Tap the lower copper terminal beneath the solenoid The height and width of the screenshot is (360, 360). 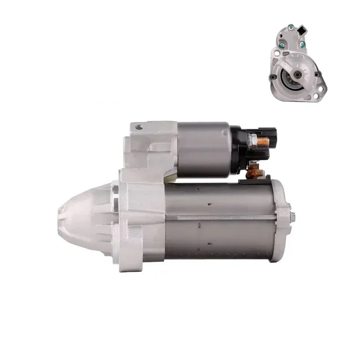255,171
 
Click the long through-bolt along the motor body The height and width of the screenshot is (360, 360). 220,217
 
